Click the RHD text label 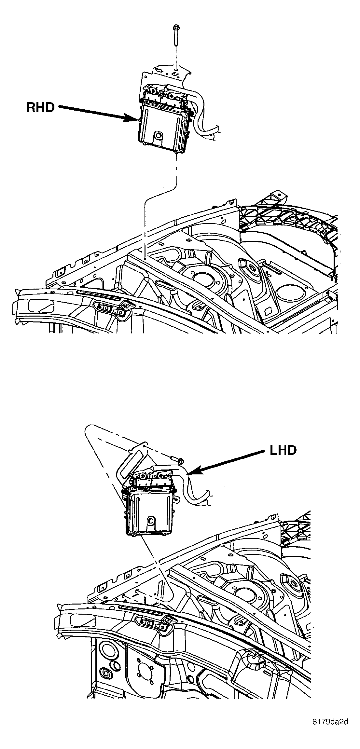[x=40, y=107]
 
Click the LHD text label [x=283, y=450]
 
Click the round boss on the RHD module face [x=159, y=135]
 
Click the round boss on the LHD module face [x=150, y=520]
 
